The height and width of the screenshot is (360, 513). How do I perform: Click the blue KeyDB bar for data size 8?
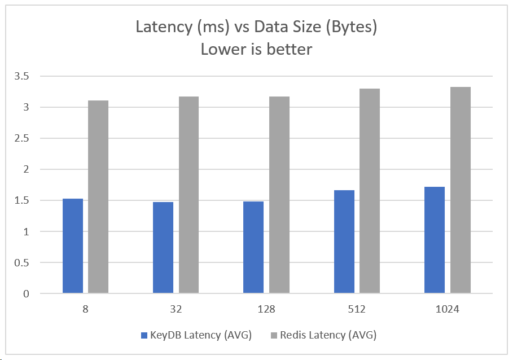pyautogui.click(x=73, y=246)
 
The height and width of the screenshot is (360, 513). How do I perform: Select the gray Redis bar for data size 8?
pyautogui.click(x=98, y=197)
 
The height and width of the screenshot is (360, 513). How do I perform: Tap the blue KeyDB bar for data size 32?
pyautogui.click(x=163, y=248)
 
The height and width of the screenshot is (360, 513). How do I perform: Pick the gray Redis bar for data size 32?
pyautogui.click(x=188, y=195)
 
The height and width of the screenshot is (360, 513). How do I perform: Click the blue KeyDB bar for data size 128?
pyautogui.click(x=253, y=247)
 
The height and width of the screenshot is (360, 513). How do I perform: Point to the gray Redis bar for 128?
pyautogui.click(x=279, y=195)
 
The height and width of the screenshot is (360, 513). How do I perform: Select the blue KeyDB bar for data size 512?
pyautogui.click(x=344, y=242)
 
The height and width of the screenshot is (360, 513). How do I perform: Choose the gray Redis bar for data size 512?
pyautogui.click(x=370, y=191)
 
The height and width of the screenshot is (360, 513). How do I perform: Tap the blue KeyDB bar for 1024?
pyautogui.click(x=435, y=240)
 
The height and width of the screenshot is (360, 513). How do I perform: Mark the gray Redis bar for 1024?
pyautogui.click(x=460, y=190)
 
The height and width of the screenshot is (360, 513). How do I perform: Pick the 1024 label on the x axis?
pyautogui.click(x=447, y=309)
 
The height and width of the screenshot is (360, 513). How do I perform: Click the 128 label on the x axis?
pyautogui.click(x=266, y=309)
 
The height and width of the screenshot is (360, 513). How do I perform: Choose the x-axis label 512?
pyautogui.click(x=357, y=309)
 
